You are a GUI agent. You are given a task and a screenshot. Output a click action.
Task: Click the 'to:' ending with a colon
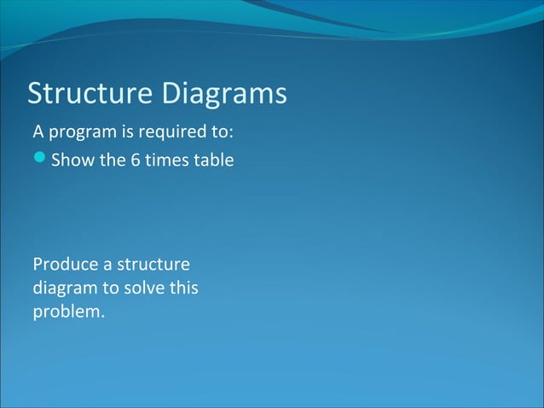click(221, 133)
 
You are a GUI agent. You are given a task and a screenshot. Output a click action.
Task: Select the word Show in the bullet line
click(73, 160)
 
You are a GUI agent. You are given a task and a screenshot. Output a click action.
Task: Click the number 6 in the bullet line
click(136, 160)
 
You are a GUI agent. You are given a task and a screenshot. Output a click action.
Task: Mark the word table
click(212, 160)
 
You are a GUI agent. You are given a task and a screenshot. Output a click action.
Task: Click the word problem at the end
click(68, 312)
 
